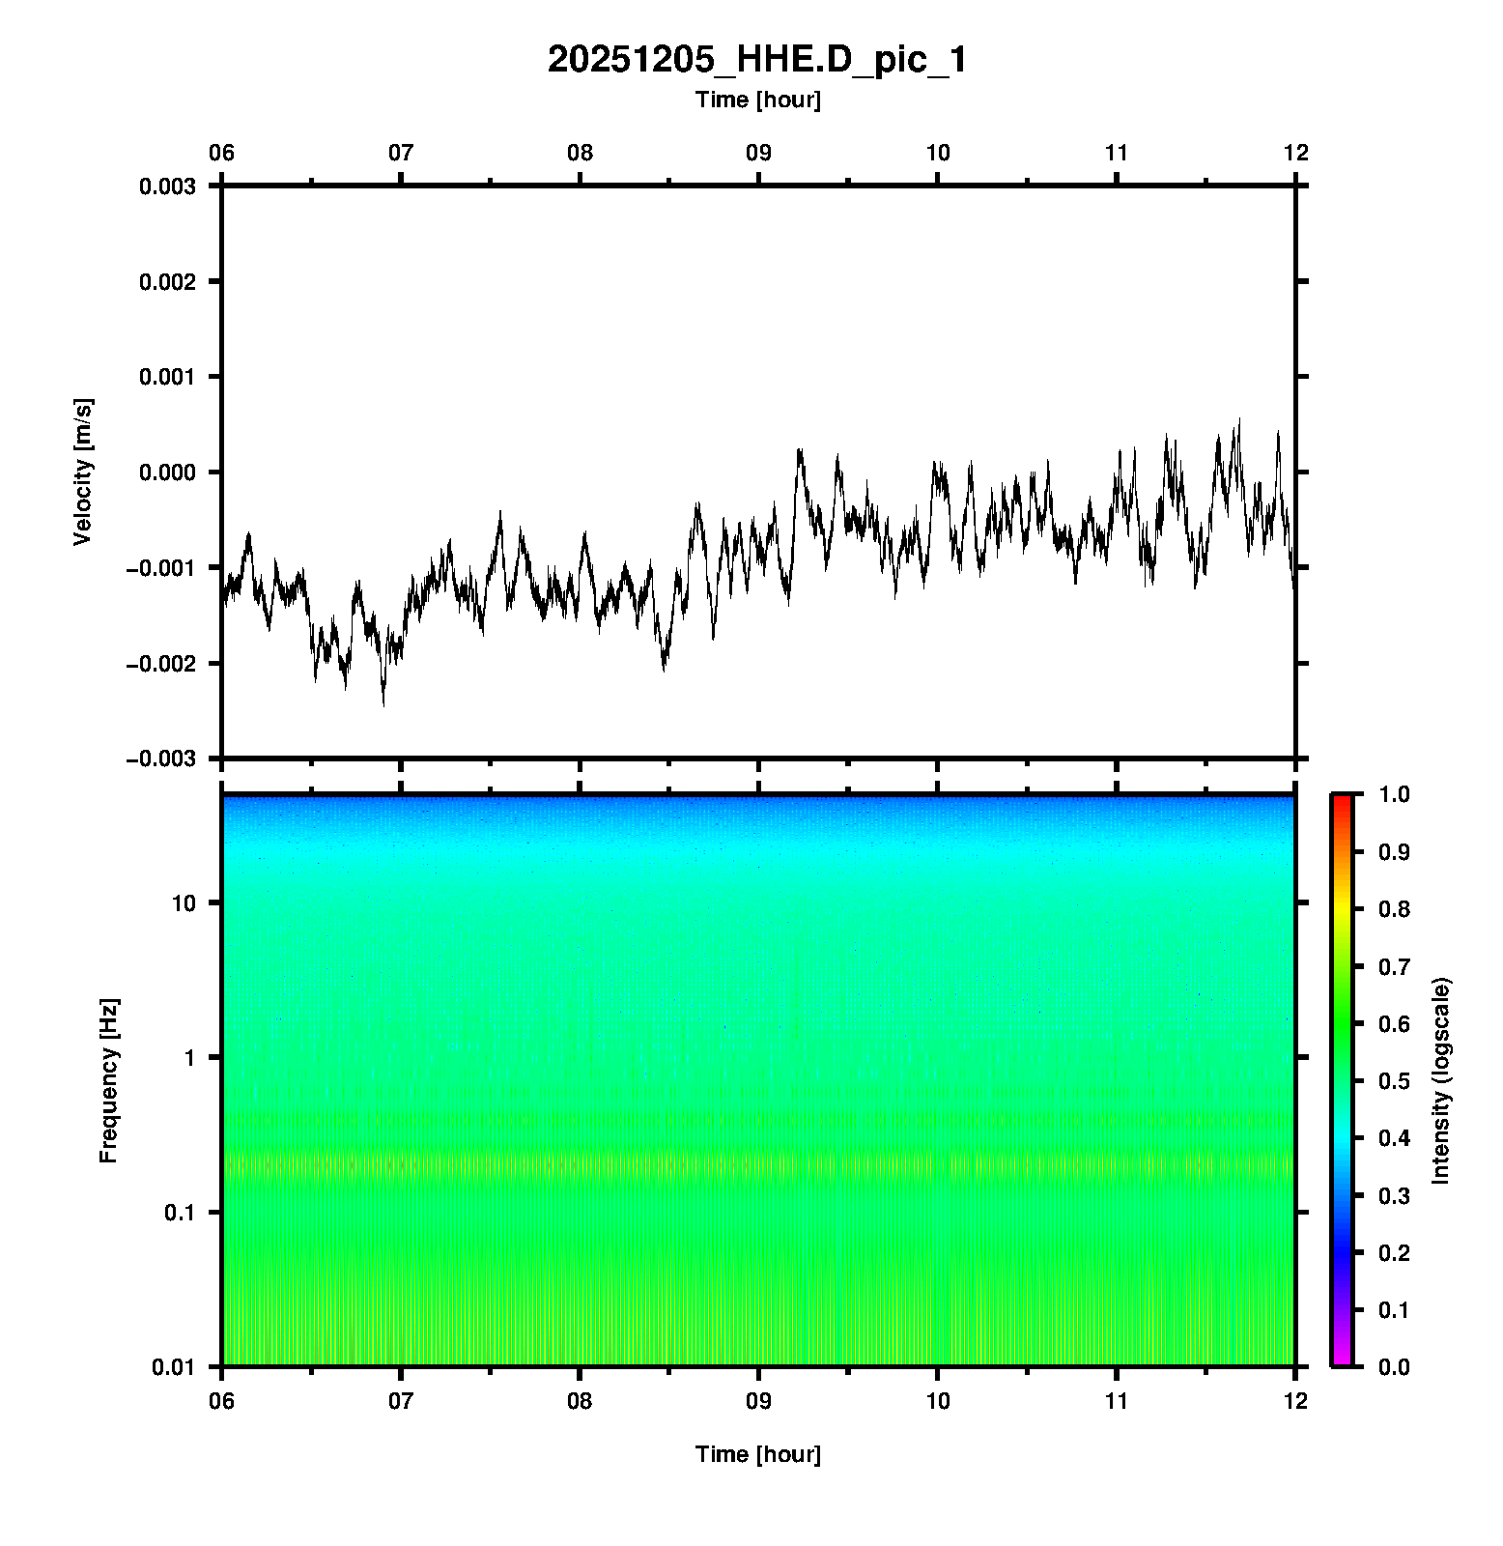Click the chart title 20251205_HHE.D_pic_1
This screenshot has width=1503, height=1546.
(756, 60)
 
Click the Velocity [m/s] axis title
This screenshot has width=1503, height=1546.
(83, 472)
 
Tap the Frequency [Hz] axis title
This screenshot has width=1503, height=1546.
(108, 1080)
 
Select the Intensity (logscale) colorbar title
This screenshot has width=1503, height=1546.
(1441, 1080)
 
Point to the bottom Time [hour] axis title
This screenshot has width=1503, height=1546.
(757, 1454)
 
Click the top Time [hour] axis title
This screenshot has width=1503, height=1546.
(757, 100)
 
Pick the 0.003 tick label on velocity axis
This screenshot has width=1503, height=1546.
(167, 186)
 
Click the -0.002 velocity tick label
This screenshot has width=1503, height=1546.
(160, 664)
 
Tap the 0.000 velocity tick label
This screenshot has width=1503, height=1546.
(167, 472)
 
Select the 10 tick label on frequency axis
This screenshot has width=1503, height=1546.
(184, 903)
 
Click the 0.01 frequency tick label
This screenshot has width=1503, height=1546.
(174, 1366)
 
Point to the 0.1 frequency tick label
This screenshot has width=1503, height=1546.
(180, 1213)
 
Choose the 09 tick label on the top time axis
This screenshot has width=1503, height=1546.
(758, 153)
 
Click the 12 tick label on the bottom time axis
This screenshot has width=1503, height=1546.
(1294, 1401)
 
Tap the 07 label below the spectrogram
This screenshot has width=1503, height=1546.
(401, 1401)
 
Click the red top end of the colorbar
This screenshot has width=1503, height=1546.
(1341, 800)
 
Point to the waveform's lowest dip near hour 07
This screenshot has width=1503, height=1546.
(383, 704)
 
